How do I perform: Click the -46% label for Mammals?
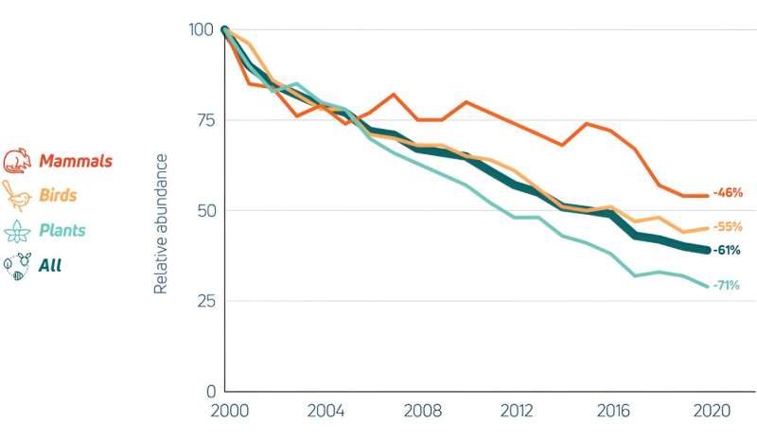coord(727,193)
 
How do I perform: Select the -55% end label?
coord(727,227)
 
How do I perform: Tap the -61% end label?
coord(727,251)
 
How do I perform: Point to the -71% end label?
coord(727,285)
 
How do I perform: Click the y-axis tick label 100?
coord(202,29)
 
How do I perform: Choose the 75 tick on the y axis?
coord(205,120)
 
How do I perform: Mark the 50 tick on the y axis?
coord(205,210)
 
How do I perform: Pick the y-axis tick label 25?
coord(205,301)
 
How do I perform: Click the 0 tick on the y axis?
coord(210,391)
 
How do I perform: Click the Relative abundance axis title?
coord(161,223)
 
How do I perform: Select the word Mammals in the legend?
coord(76,161)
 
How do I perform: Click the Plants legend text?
coord(62,231)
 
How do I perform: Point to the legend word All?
coord(50,266)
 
